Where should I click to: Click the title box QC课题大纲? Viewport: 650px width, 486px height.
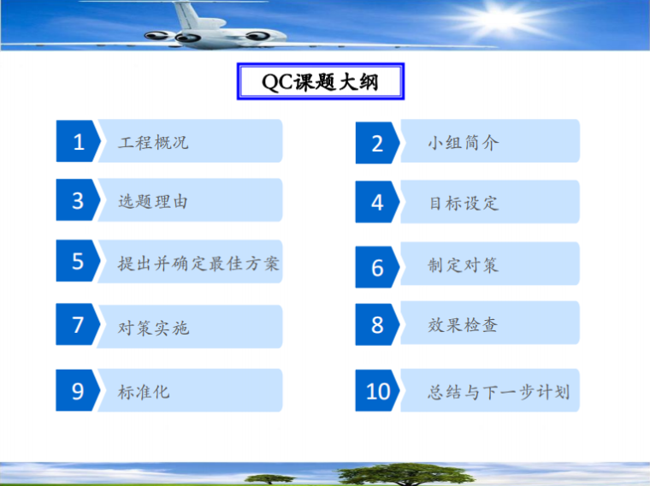[x=319, y=82]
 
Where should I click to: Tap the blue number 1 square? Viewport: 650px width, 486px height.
[x=78, y=141]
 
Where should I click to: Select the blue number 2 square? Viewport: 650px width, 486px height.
[x=377, y=143]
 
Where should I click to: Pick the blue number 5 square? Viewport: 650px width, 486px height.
[x=78, y=261]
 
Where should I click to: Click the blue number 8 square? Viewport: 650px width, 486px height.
[x=377, y=324]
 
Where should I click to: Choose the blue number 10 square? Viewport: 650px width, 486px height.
[x=377, y=391]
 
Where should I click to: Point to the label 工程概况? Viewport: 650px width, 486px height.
[x=153, y=142]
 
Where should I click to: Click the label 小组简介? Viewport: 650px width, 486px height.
[x=463, y=143]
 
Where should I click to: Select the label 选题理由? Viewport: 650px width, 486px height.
[x=153, y=201]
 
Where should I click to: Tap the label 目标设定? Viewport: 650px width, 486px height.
[x=463, y=204]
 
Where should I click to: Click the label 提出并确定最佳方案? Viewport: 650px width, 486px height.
[x=198, y=262]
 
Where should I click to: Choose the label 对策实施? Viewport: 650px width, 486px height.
[x=153, y=327]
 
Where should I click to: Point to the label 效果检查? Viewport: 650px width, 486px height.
[x=463, y=325]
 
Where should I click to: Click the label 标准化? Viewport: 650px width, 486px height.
[x=144, y=391]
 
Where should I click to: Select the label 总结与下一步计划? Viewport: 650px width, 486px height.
[x=499, y=393]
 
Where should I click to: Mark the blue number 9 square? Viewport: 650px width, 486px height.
[x=78, y=391]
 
